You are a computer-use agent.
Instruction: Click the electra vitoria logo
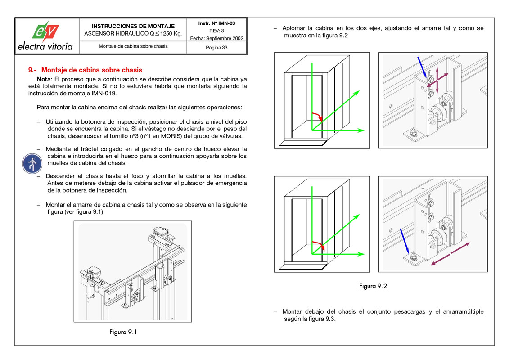(45, 36)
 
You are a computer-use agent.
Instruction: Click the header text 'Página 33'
(216, 48)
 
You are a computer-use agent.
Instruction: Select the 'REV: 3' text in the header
(216, 31)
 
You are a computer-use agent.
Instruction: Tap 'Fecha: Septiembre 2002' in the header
(216, 38)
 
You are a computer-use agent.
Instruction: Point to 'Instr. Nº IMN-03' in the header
(216, 23)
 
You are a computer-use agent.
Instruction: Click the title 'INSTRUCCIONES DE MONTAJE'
(133, 26)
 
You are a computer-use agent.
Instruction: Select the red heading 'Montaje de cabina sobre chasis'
(91, 70)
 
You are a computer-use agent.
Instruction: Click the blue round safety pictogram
(32, 163)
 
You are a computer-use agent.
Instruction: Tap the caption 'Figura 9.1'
(123, 332)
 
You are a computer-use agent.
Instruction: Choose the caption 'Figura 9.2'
(373, 286)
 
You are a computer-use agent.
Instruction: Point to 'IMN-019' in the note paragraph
(104, 94)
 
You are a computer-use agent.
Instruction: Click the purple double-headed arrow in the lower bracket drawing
(451, 254)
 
